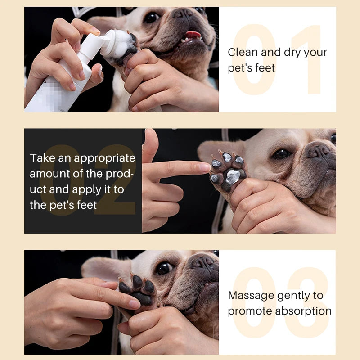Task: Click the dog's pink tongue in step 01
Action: pos(194,34)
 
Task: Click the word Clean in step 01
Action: pos(243,52)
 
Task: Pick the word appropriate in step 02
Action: pos(104,158)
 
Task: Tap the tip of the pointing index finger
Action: pos(205,167)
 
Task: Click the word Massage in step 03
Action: pos(251,295)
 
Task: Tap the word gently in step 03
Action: pos(294,296)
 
